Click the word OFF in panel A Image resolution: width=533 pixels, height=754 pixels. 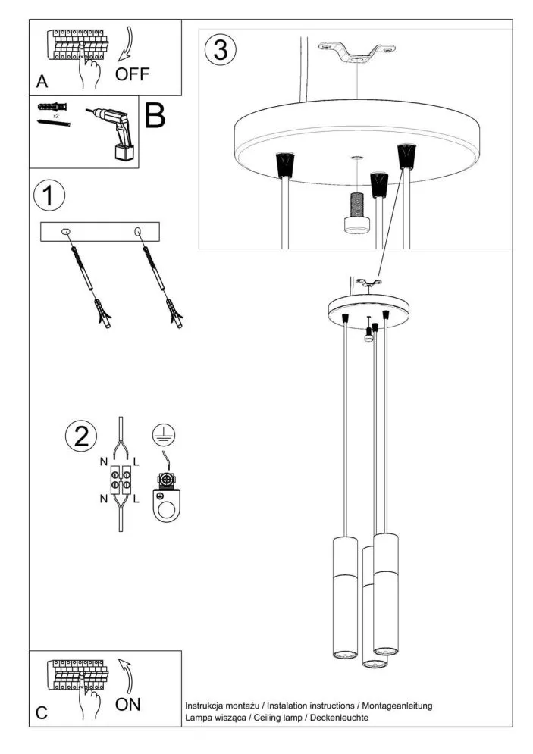[x=133, y=74]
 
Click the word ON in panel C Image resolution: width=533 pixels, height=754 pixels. [x=128, y=704]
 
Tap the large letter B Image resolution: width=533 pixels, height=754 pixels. [x=155, y=116]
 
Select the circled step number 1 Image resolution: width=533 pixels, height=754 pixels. [x=49, y=196]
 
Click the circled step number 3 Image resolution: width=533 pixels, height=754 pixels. [x=221, y=50]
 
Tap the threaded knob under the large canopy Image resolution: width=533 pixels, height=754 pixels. [x=355, y=214]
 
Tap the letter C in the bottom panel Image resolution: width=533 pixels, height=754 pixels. [x=42, y=712]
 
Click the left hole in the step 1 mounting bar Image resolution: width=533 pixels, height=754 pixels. [x=66, y=231]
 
